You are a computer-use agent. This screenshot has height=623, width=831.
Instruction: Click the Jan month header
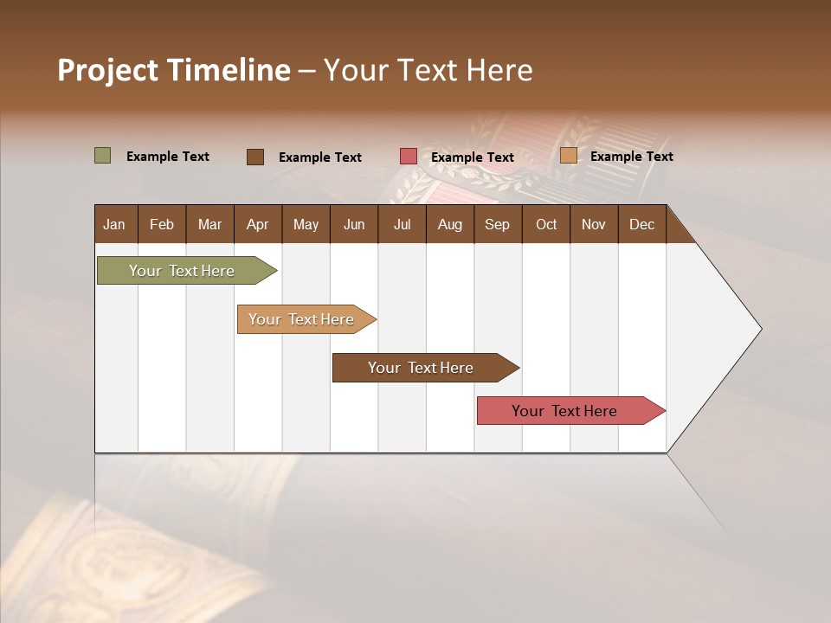tap(114, 224)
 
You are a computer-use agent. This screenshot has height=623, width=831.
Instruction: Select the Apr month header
tap(257, 224)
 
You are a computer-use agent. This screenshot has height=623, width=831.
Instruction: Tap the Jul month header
tap(402, 224)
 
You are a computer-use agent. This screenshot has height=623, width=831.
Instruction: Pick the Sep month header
tap(497, 224)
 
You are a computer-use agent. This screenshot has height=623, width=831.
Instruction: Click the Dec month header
tap(641, 224)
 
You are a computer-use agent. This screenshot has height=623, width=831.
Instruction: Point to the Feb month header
tap(162, 224)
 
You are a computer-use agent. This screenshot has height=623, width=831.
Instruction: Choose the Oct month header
tap(546, 224)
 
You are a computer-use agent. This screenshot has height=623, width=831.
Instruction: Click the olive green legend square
tap(103, 156)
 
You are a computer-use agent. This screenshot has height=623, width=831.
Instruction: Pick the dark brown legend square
tap(255, 157)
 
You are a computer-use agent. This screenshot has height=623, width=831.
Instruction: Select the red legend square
tap(409, 157)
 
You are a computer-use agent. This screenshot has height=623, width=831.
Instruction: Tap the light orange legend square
tap(569, 156)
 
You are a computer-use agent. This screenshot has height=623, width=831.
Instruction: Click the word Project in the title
tap(108, 70)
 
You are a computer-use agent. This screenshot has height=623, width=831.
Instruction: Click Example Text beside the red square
tap(473, 157)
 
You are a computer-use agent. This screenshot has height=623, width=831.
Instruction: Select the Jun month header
tap(353, 224)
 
